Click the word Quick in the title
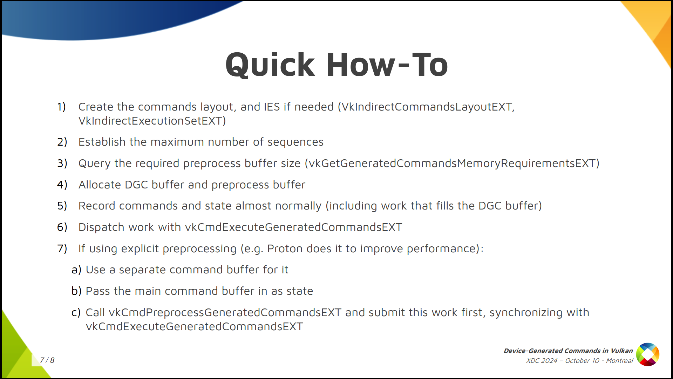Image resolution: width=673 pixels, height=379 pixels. click(270, 65)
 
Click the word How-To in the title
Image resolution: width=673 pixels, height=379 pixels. click(387, 65)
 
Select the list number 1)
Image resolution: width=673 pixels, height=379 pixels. click(62, 107)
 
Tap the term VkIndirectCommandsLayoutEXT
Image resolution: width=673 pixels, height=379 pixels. click(426, 107)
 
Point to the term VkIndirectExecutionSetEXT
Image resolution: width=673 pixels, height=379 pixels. click(150, 121)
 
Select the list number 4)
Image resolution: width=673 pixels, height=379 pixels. click(62, 185)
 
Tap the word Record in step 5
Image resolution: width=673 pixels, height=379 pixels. click(97, 206)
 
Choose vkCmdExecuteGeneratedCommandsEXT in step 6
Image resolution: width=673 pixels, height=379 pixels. click(294, 227)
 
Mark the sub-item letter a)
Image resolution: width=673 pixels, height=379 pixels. click(76, 270)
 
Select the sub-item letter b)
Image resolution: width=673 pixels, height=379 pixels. click(76, 291)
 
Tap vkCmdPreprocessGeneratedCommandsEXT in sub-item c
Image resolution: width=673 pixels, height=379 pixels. click(225, 312)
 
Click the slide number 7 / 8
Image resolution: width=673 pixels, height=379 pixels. click(47, 360)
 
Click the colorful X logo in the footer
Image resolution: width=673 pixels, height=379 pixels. click(648, 354)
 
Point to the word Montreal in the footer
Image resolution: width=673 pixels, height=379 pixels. click(619, 361)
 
